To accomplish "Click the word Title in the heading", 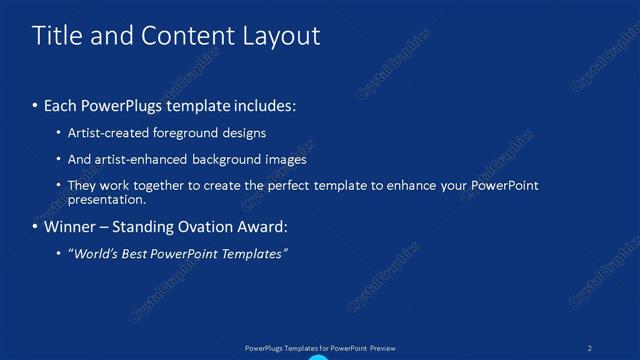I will tap(57, 36).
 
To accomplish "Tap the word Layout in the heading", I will tap(280, 36).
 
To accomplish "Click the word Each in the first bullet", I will tap(61, 105).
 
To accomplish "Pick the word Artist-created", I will tap(104, 132).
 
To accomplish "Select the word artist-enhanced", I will tap(136, 159).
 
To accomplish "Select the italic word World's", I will tap(94, 254).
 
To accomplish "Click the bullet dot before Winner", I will tap(36, 228).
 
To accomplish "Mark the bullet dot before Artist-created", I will tap(59, 133).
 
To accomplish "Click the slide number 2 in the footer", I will tap(590, 348).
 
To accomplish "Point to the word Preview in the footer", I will tap(382, 348).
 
